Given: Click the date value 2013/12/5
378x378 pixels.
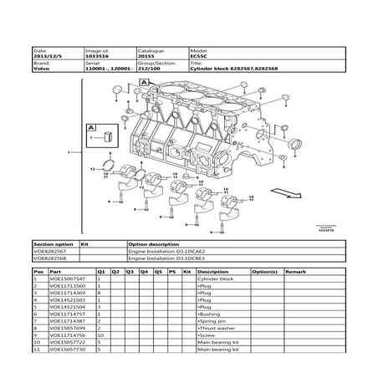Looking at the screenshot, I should (x=45, y=56).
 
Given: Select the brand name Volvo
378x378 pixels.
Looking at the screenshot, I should (x=40, y=68).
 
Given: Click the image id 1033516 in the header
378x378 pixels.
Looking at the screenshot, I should (x=100, y=56).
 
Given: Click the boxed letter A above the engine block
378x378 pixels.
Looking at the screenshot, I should (x=144, y=84).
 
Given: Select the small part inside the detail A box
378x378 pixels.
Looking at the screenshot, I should (x=110, y=136).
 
